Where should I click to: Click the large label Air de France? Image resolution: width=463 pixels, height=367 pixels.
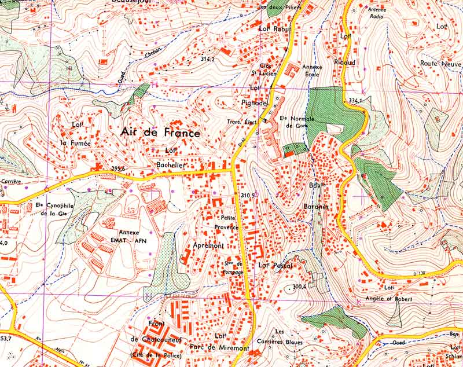point(160,133)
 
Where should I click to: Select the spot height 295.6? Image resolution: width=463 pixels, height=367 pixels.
point(118,168)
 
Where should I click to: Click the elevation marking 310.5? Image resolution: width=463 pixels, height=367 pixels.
point(248,196)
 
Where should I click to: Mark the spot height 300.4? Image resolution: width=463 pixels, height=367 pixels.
point(299,286)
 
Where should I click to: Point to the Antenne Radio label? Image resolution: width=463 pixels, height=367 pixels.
point(377,13)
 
